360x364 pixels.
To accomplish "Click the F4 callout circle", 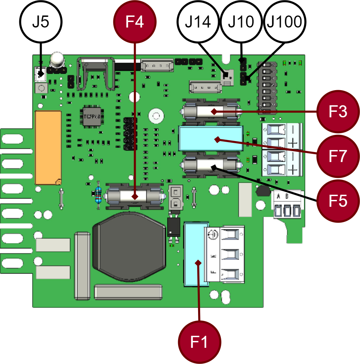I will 135,22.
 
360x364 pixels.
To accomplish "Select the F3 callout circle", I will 338,111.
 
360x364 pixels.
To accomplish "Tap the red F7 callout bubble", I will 338,156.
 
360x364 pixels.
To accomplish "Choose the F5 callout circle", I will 338,201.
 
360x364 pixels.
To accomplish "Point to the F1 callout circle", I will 200,342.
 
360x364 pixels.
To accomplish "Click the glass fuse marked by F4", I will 135,197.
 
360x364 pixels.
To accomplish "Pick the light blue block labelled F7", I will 210,139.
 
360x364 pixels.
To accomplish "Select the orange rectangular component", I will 49,147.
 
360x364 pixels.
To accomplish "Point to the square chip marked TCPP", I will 91,116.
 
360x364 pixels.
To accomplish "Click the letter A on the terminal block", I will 278,197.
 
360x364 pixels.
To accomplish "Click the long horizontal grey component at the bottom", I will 128,291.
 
